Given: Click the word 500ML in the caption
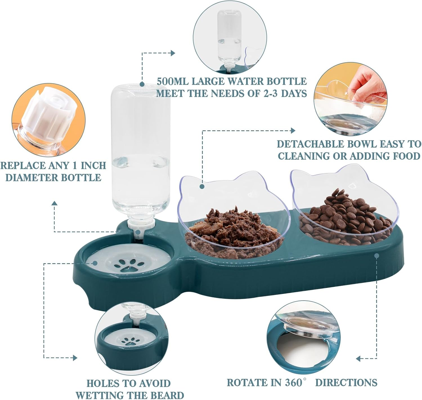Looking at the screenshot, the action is coord(172,81).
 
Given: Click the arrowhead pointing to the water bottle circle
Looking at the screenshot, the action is coord(173,53).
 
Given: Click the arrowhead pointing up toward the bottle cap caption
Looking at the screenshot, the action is coord(55,203).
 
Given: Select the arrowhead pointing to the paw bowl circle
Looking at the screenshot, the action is coord(75,358).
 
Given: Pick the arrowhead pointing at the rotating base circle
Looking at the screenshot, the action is coord(358,359).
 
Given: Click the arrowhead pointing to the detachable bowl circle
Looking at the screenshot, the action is coord(293,130).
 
